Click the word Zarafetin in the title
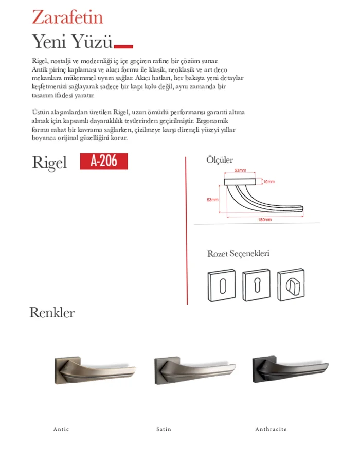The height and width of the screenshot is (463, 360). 67,17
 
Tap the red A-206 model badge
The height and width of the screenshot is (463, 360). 104,162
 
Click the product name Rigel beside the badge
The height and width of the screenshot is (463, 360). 50,162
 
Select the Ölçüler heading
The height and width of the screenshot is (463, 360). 220,160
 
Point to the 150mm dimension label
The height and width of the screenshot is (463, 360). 265,220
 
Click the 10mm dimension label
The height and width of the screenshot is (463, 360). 268,182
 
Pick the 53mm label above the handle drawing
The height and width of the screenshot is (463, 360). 240,170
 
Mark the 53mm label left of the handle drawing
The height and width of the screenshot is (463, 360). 212,199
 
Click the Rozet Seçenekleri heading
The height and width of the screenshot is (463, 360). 238,254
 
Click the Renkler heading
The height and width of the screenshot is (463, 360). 52,312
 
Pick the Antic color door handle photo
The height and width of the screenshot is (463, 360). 95,368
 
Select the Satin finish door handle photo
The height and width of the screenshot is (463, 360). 195,368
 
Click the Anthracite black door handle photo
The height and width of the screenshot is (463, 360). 290,368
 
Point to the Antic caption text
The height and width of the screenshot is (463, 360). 61,429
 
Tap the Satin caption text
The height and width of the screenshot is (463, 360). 164,429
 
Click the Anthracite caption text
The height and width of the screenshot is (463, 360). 271,429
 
